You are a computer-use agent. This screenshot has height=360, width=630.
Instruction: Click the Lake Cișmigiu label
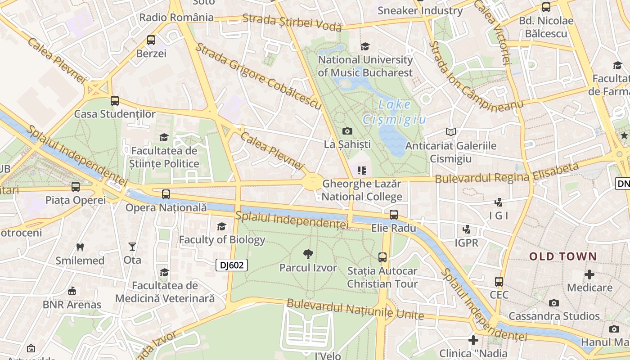394,112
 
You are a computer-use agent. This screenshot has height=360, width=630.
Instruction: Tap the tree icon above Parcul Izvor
308,254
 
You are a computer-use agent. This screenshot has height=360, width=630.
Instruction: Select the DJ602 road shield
232,265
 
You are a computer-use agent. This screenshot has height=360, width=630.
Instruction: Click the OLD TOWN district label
563,256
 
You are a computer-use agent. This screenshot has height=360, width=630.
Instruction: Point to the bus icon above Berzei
151,40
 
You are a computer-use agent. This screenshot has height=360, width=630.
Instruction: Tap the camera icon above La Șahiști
347,131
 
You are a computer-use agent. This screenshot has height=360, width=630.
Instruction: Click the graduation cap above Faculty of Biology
222,226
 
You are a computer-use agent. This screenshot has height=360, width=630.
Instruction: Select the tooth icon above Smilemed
80,247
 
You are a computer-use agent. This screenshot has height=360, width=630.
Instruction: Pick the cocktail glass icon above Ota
132,247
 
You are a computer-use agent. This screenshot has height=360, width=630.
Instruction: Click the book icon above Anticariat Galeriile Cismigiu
450,132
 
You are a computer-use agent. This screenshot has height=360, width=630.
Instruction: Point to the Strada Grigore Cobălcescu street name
258,76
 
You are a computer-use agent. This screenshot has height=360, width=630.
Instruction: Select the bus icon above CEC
499,282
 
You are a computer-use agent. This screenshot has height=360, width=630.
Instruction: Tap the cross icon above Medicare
589,274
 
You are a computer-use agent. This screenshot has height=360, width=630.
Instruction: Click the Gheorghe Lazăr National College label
362,190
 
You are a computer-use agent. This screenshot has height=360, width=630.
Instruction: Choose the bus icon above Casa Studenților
115,101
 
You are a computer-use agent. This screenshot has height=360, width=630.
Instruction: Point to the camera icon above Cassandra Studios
554,303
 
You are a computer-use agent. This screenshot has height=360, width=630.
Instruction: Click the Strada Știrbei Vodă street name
292,22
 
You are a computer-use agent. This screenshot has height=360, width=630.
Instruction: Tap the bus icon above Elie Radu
394,215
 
